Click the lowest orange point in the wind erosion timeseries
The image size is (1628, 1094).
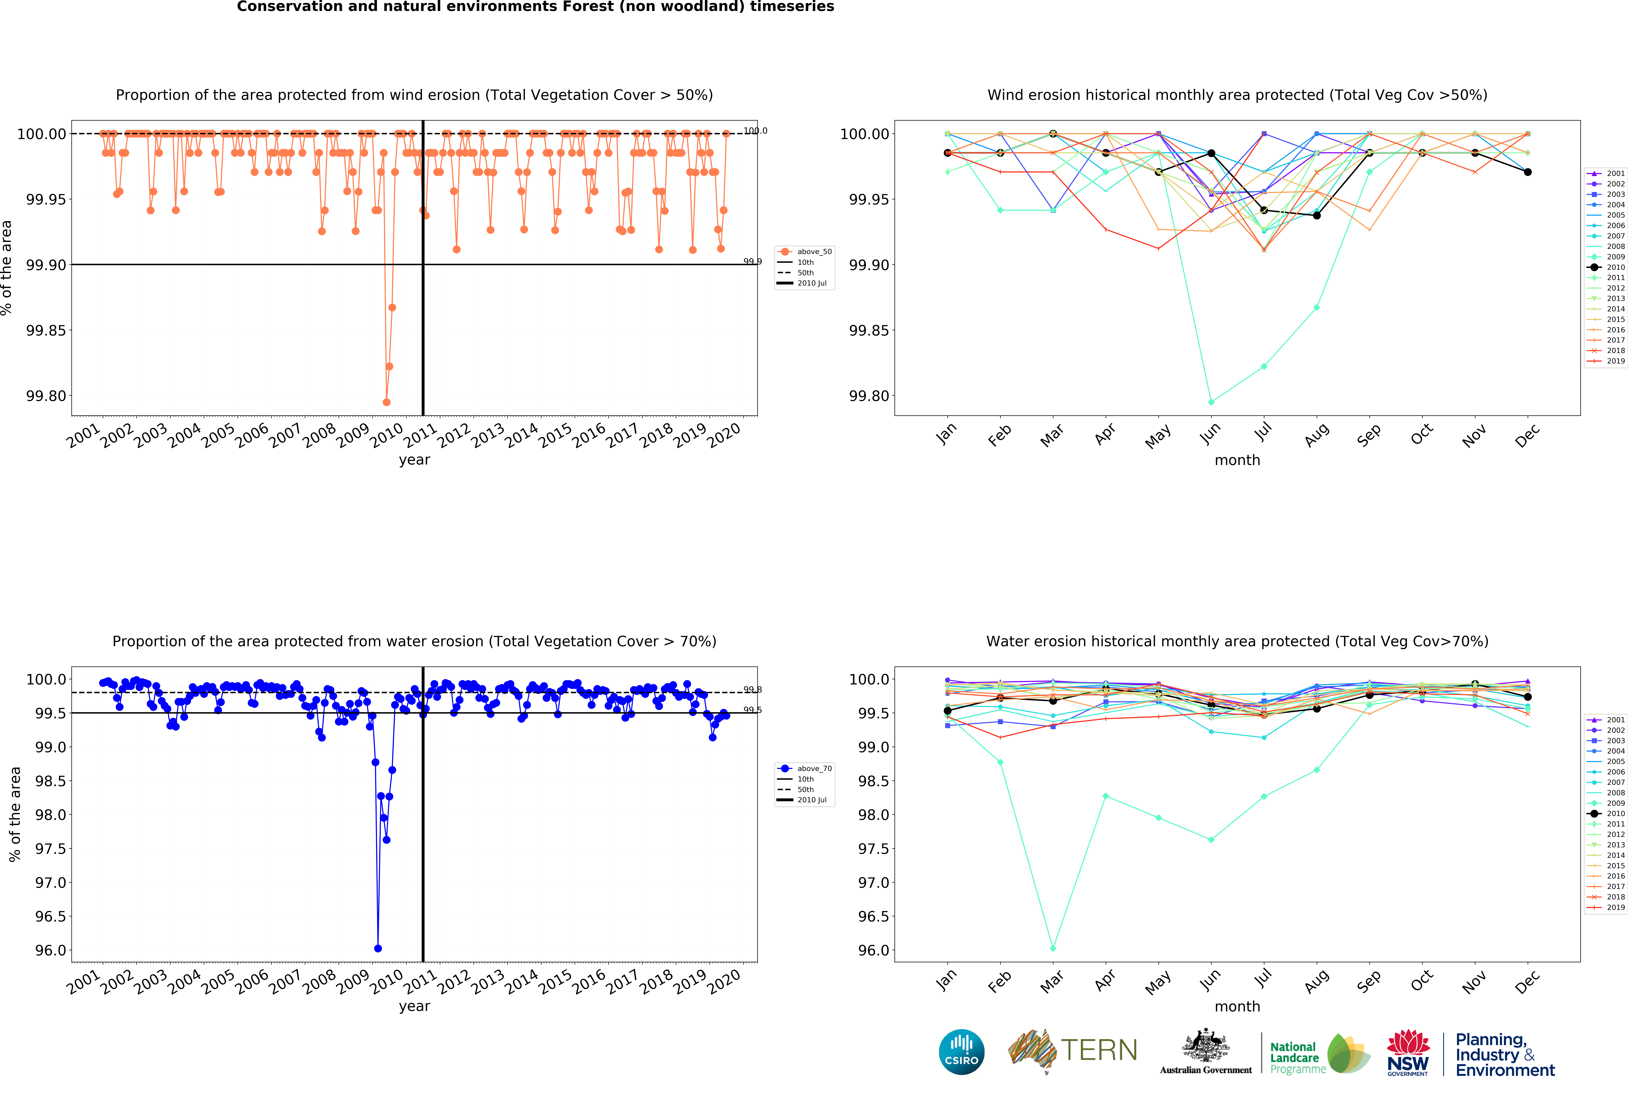(386, 402)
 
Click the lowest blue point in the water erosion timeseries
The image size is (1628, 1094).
(378, 948)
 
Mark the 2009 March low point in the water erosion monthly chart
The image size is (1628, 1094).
(1053, 948)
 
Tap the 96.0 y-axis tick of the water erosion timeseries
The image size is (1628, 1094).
(50, 950)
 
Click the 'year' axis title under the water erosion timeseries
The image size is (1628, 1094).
(414, 1006)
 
